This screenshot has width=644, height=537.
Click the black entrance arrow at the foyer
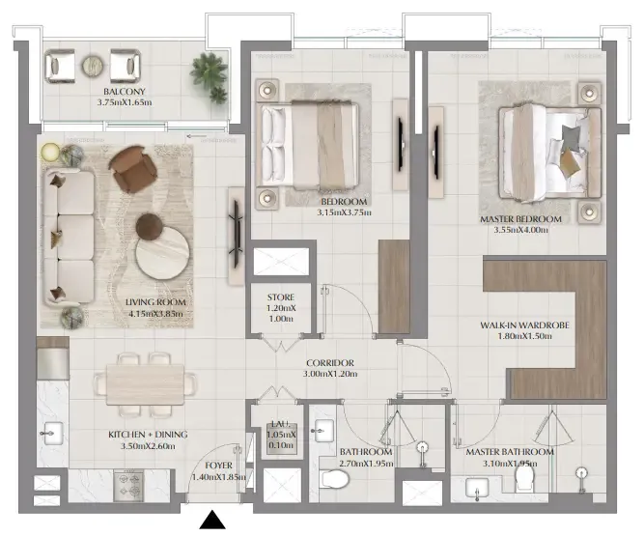[x=212, y=522]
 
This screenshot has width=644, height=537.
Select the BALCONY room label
[x=125, y=93]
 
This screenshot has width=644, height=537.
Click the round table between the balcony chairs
[x=93, y=65]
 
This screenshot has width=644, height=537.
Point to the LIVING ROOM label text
[x=155, y=301]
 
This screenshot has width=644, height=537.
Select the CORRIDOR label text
[x=329, y=363]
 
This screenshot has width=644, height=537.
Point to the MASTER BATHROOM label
[x=509, y=452]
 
